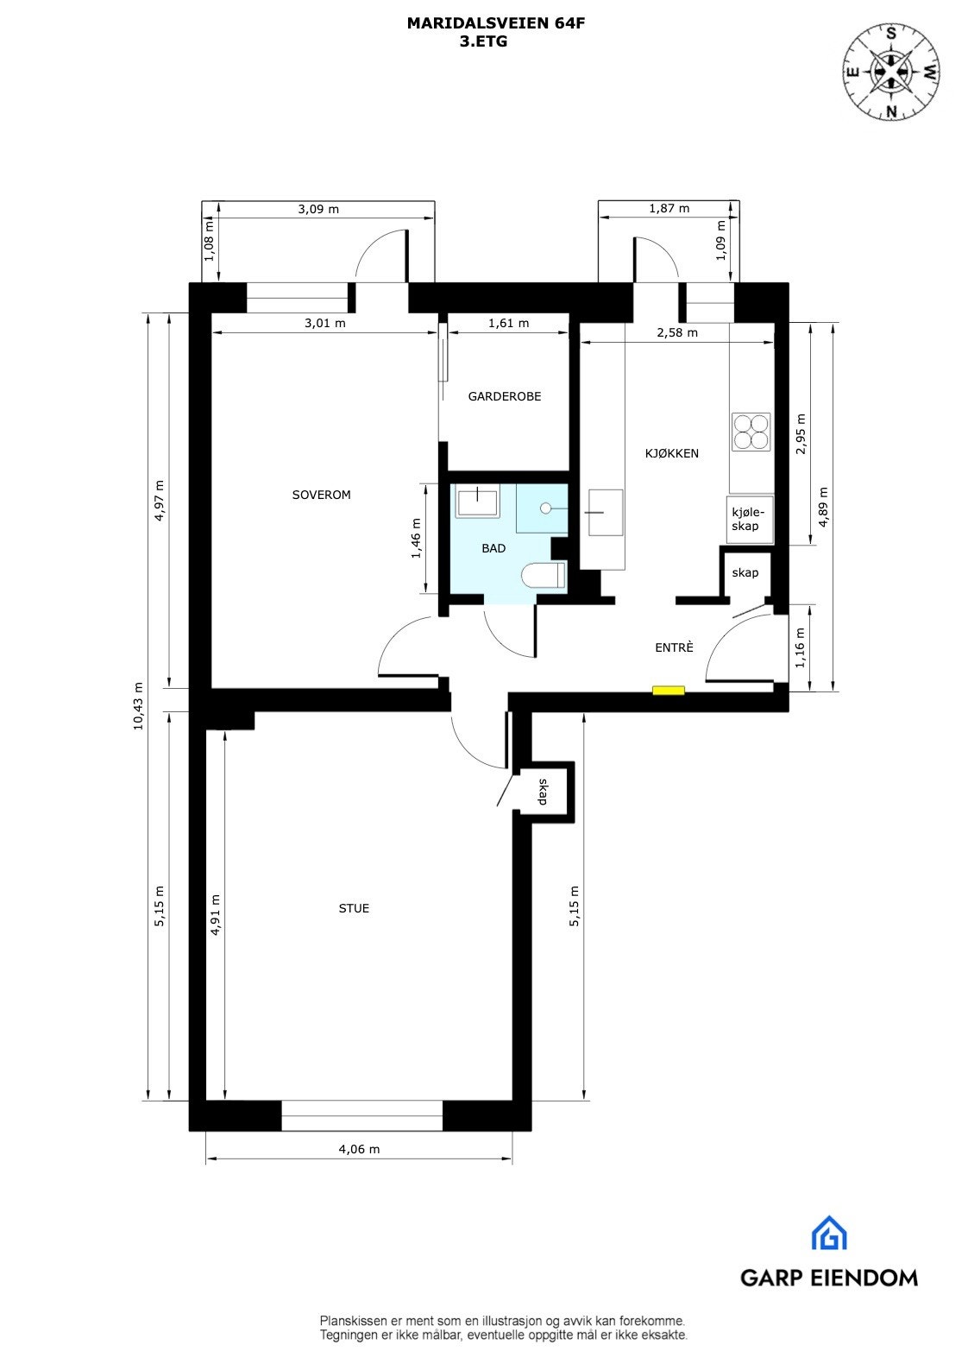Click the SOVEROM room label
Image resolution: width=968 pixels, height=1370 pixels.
pos(321,495)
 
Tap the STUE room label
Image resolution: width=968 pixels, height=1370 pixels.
pos(354,908)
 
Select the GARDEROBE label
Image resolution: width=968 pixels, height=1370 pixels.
pos(505,396)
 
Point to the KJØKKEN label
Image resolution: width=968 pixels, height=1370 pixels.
pos(672,453)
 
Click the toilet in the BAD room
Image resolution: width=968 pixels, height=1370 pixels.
pos(544,575)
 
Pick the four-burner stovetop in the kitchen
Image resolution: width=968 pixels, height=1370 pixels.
pos(751,431)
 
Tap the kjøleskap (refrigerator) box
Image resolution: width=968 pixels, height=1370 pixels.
pos(749,520)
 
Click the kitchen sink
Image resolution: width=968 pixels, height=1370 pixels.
pos(605,512)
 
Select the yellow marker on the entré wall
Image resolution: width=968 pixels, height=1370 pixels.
pos(668,690)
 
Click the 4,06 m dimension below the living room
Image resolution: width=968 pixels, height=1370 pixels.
pos(358,1149)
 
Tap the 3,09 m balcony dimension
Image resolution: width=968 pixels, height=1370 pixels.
pos(317,209)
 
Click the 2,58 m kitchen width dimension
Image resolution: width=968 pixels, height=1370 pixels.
pos(677,332)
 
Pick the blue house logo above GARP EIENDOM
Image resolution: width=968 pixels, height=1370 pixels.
pos(828,1233)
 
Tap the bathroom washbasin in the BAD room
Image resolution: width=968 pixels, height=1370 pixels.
pos(477,501)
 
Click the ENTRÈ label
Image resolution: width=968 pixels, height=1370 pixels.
pos(673,647)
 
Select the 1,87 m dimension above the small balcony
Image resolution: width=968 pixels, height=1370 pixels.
pos(669,208)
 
